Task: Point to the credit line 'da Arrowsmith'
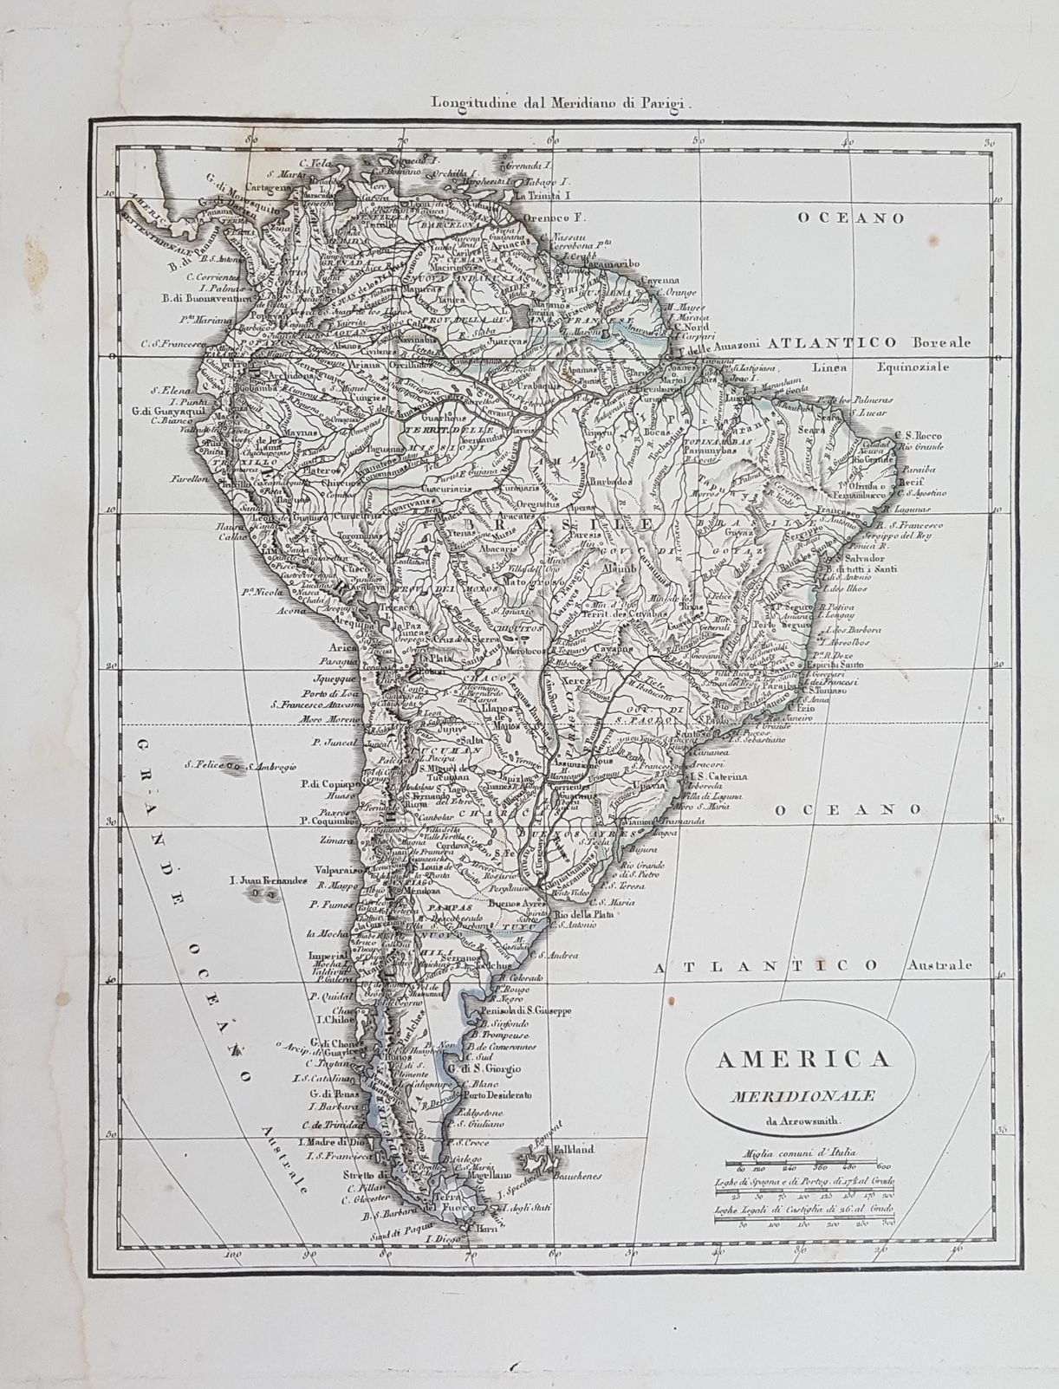point(787,1124)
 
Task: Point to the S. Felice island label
point(204,765)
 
